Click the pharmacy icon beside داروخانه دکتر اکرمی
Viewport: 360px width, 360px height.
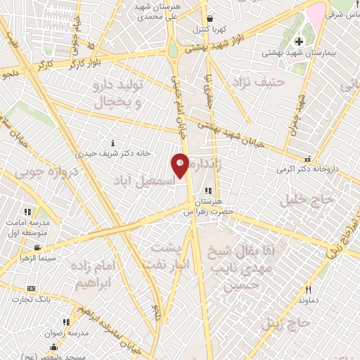(x=306, y=160)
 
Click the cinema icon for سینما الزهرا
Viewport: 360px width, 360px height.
(x=37, y=247)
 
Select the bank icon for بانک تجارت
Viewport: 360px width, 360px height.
(x=31, y=288)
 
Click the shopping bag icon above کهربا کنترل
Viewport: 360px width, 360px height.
(x=209, y=19)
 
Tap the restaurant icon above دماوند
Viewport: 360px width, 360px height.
(x=308, y=290)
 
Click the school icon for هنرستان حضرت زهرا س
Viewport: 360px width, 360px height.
(x=207, y=191)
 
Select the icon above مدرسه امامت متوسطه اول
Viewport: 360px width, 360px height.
(x=27, y=212)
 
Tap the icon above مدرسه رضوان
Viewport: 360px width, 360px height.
(x=67, y=323)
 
